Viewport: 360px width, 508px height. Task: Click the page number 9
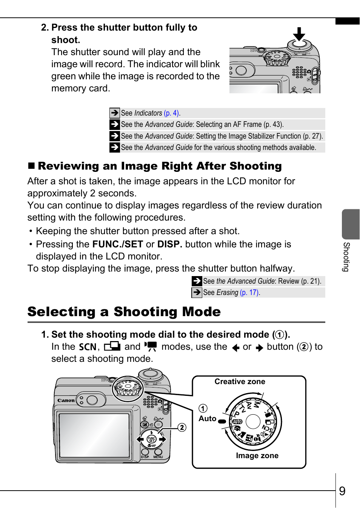click(x=342, y=491)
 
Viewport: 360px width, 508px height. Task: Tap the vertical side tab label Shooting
click(x=346, y=257)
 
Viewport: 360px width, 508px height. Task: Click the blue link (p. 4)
click(x=172, y=113)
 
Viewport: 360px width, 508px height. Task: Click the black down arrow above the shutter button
click(x=299, y=34)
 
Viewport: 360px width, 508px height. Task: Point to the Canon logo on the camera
click(x=66, y=400)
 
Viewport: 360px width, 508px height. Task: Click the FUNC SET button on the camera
click(x=151, y=439)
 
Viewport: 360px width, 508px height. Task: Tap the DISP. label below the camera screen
click(x=145, y=457)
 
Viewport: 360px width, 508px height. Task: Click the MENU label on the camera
click(x=158, y=457)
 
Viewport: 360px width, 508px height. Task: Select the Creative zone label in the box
click(x=240, y=381)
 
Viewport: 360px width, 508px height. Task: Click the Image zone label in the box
click(x=257, y=456)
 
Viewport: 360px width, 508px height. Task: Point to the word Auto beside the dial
click(x=207, y=418)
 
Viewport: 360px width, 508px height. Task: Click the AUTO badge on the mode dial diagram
click(x=237, y=422)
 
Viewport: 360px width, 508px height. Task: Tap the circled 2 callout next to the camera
click(x=182, y=427)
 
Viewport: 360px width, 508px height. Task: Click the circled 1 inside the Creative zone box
click(x=203, y=408)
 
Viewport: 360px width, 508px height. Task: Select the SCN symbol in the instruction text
click(x=88, y=347)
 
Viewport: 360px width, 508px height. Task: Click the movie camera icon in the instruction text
click(x=151, y=346)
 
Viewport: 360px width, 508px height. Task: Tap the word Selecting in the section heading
click(x=61, y=312)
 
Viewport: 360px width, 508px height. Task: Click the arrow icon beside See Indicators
click(x=114, y=113)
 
